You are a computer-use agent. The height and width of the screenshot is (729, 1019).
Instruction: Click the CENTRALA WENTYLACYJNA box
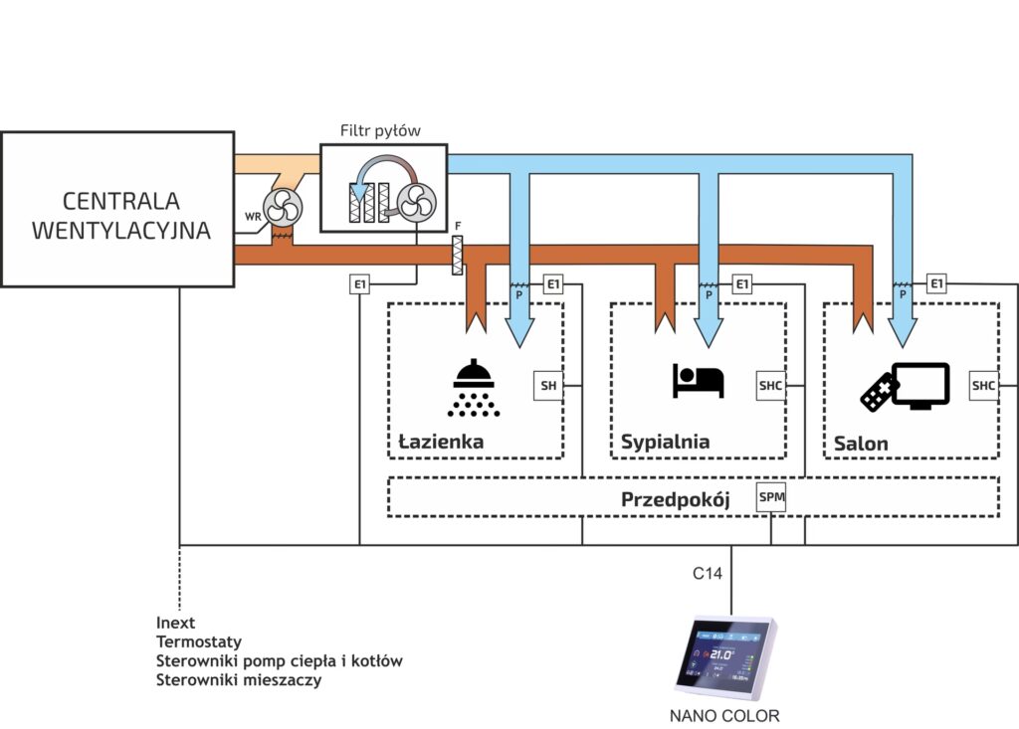pos(118,215)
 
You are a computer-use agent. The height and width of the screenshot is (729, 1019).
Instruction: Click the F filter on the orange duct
pos(458,258)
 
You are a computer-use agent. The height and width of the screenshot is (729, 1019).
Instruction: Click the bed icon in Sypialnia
pos(699,380)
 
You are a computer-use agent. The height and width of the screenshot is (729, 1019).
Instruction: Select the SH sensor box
pos(548,385)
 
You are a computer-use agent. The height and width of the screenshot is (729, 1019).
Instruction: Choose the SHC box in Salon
pos(983,385)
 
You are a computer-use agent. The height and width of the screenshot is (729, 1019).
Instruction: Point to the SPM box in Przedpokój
pos(771,496)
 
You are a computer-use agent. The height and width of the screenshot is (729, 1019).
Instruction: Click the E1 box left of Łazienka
pos(360,285)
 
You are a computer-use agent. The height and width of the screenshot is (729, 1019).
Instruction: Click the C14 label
pos(707,574)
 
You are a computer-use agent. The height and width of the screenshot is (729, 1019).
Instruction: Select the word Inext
pos(176,623)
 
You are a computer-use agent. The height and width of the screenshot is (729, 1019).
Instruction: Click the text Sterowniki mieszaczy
pos(239,680)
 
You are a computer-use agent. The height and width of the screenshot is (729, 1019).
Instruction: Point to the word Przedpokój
pos(676,499)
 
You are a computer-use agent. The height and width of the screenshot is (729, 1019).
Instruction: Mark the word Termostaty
pos(199,641)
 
